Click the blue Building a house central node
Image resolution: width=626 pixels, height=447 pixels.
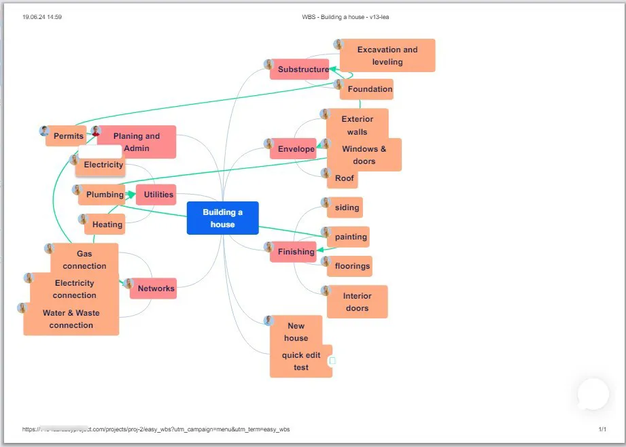click(x=222, y=218)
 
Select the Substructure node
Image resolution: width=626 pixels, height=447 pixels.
click(x=302, y=69)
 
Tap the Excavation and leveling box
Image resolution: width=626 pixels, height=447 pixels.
click(x=387, y=56)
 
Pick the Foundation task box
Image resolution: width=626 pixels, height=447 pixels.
click(x=370, y=89)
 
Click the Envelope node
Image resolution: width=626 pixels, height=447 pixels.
click(x=296, y=149)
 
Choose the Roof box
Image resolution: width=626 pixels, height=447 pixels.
click(x=344, y=178)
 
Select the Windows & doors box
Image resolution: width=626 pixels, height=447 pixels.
click(x=364, y=155)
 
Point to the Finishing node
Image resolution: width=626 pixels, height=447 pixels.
click(x=296, y=252)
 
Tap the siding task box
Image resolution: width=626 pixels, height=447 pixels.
click(x=347, y=208)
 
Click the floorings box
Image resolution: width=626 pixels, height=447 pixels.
click(x=352, y=266)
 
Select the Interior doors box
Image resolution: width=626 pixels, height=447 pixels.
click(x=357, y=302)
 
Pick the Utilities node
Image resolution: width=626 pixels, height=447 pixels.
click(x=158, y=195)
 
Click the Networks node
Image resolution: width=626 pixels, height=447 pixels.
click(x=156, y=288)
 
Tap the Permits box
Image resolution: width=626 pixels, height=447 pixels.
click(x=68, y=136)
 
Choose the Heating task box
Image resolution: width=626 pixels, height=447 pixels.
click(x=107, y=225)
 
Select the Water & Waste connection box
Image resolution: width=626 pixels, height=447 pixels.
click(x=71, y=319)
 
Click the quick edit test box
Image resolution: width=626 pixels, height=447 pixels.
click(x=301, y=361)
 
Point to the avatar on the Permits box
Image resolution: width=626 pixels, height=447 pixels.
click(x=45, y=131)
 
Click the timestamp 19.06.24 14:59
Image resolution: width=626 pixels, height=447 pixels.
click(x=42, y=17)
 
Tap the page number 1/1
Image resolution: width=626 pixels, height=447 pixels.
click(x=602, y=429)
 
